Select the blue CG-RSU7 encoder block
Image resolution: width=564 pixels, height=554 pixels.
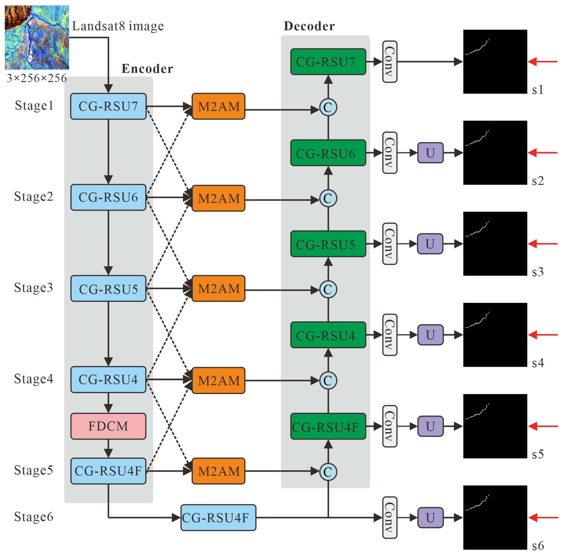108,106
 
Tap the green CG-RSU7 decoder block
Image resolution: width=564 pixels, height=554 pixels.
328,62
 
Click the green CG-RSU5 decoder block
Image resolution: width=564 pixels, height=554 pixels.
328,244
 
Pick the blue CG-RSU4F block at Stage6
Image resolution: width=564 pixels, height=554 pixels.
218,518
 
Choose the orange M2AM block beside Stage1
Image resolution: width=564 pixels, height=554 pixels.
218,106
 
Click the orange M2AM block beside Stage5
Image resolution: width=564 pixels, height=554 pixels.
218,471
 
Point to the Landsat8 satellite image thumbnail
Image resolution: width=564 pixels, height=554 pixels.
37,37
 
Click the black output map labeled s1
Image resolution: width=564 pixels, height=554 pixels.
495,62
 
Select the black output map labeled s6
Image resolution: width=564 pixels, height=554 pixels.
495,517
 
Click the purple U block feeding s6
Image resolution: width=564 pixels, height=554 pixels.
430,518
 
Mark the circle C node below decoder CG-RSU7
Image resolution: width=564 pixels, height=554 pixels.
328,107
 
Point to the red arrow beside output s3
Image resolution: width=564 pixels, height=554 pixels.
542,244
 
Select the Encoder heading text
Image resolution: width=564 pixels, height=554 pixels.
147,69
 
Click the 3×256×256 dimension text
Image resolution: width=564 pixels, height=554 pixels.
37,78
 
